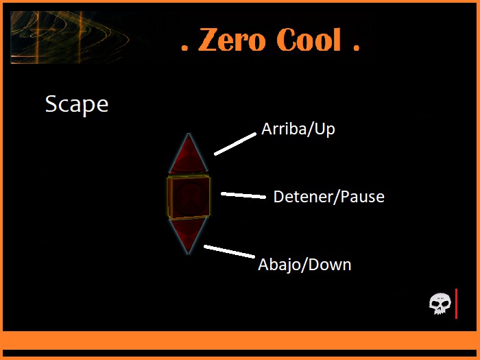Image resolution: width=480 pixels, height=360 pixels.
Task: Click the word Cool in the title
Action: point(309,41)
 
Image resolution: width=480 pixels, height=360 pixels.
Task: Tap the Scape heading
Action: point(77,104)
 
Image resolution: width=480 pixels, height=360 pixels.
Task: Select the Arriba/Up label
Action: point(298,129)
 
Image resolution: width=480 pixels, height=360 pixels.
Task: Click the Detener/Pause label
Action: point(328,197)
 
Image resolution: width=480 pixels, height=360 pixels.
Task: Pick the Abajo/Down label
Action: point(304,265)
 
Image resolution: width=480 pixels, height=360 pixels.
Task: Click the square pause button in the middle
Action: point(188,197)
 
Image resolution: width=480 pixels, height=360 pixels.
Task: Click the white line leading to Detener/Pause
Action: point(243,195)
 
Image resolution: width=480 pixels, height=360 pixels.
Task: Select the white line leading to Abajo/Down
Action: point(229,252)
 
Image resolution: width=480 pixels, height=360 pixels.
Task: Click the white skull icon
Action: point(440,302)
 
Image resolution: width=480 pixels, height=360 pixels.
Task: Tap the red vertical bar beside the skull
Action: point(456,303)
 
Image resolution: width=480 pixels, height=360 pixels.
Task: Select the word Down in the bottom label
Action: point(328,265)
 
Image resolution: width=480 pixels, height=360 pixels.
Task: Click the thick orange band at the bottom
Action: point(240,340)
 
